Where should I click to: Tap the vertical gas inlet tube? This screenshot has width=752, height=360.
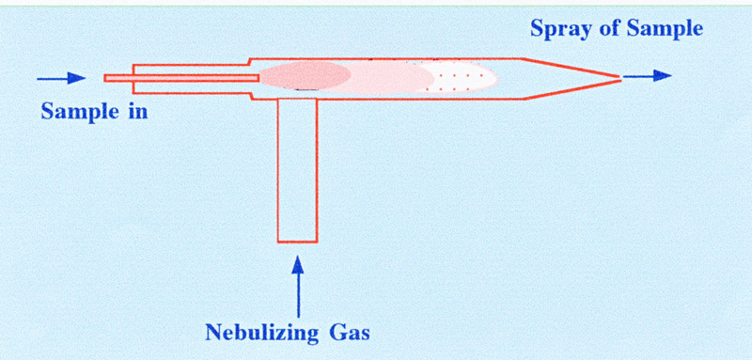tap(298, 169)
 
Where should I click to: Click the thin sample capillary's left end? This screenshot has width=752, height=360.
tap(107, 77)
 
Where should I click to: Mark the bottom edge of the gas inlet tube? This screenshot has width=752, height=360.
tap(298, 241)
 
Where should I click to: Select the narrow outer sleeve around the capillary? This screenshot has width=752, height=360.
tap(188, 68)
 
